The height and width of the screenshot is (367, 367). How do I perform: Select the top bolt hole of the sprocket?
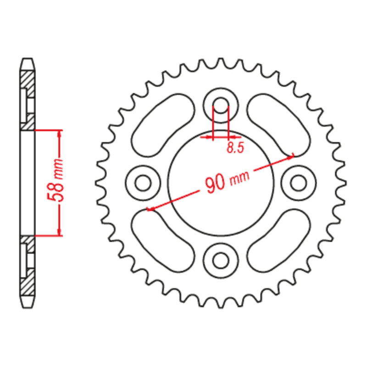point(221,105)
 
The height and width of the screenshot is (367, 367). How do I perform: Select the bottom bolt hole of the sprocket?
point(221,260)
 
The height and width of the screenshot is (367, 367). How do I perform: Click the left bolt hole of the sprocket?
point(143,183)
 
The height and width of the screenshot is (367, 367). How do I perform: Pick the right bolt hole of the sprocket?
point(299,183)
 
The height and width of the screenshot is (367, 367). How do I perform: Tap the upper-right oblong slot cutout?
point(274,125)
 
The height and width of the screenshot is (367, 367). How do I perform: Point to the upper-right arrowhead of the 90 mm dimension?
point(290,156)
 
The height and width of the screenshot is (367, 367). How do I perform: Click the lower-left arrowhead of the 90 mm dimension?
point(150,210)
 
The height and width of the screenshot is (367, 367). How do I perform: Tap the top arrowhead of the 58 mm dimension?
point(59,133)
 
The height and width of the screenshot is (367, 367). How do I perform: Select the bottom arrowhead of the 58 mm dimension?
point(59,232)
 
